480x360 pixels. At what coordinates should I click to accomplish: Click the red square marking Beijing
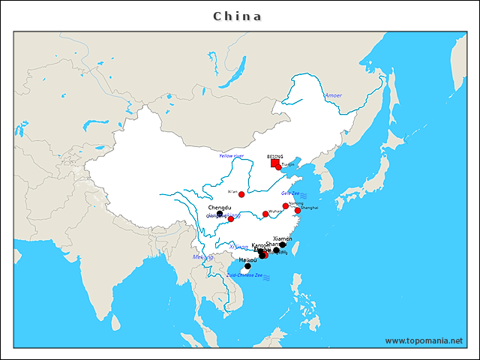point(275,163)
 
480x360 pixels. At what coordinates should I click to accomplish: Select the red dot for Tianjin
point(279,167)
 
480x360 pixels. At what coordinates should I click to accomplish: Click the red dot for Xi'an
point(241,194)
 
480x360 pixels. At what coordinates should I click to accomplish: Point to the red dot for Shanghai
point(298,211)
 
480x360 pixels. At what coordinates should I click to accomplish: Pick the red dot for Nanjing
point(286,205)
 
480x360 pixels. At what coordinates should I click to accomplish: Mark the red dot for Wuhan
point(265,214)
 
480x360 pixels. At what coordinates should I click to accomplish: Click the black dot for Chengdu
point(220,214)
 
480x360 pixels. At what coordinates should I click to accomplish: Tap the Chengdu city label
point(220,207)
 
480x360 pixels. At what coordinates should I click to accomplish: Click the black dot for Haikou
point(247,265)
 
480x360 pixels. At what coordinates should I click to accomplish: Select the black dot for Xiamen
point(283,244)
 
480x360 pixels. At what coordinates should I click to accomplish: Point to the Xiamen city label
point(283,238)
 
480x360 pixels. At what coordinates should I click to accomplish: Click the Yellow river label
point(232,156)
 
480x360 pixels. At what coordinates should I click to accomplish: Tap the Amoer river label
point(333,96)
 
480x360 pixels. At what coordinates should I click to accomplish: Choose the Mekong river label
point(202,257)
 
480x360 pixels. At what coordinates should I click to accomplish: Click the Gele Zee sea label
point(291,193)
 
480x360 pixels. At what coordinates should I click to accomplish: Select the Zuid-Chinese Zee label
point(244,275)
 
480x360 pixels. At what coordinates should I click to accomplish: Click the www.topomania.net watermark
point(424,340)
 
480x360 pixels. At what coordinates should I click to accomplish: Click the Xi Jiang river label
point(238,247)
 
